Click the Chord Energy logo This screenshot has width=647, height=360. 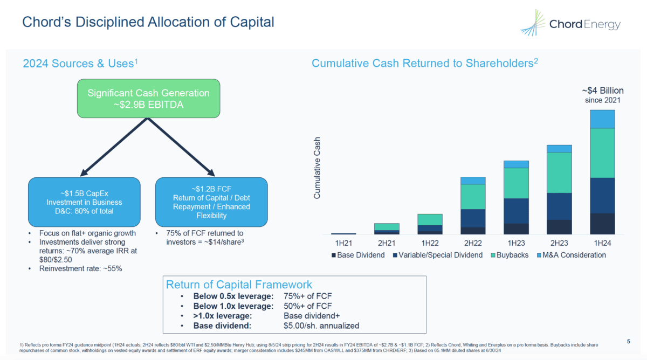pos(570,24)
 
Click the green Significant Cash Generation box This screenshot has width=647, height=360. pos(148,98)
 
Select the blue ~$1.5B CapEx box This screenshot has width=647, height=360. pos(84,202)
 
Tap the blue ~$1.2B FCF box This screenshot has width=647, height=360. pos(211,202)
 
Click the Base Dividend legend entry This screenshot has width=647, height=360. pos(358,255)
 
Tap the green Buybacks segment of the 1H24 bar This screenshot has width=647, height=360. pos(602,153)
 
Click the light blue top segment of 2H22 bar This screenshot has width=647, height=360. pos(473,181)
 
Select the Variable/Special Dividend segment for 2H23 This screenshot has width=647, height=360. pos(559,206)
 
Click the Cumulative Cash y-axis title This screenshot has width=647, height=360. pos(317,168)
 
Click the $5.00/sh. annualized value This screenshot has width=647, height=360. pos(321,326)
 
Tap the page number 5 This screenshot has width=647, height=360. pos(629,341)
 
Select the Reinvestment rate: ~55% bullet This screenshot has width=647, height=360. pos(79,268)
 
